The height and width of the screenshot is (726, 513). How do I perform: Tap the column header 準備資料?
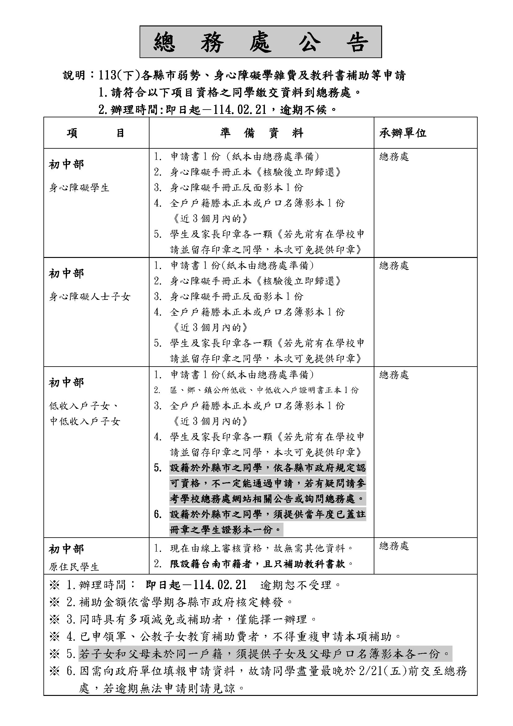click(261, 133)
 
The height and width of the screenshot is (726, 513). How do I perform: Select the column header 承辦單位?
click(403, 133)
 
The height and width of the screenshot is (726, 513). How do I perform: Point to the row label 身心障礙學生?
click(79, 188)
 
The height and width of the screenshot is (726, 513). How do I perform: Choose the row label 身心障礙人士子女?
click(89, 297)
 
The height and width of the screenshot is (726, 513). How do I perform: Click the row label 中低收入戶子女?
click(85, 422)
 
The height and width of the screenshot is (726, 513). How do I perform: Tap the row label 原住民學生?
click(74, 567)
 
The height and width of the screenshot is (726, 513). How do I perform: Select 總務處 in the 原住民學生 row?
click(394, 546)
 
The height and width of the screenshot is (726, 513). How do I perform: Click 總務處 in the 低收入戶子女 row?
click(394, 375)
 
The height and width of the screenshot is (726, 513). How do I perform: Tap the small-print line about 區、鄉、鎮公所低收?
click(264, 390)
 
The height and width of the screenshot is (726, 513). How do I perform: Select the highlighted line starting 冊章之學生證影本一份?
click(225, 530)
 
